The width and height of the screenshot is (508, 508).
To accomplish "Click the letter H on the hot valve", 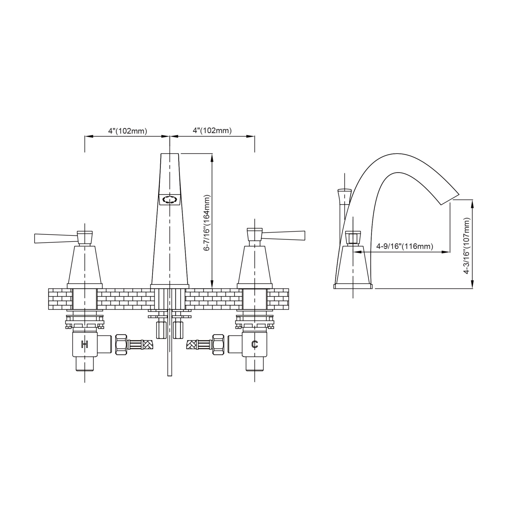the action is pyautogui.click(x=84, y=344).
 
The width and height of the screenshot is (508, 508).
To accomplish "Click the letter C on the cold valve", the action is pyautogui.click(x=254, y=344).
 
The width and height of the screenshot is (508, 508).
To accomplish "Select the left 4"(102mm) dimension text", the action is pyautogui.click(x=128, y=131).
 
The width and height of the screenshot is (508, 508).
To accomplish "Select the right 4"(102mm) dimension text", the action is pyautogui.click(x=212, y=131).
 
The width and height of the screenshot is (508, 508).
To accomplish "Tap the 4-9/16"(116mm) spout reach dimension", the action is pyautogui.click(x=405, y=247).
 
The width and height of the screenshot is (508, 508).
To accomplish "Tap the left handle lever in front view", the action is pyautogui.click(x=56, y=238).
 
